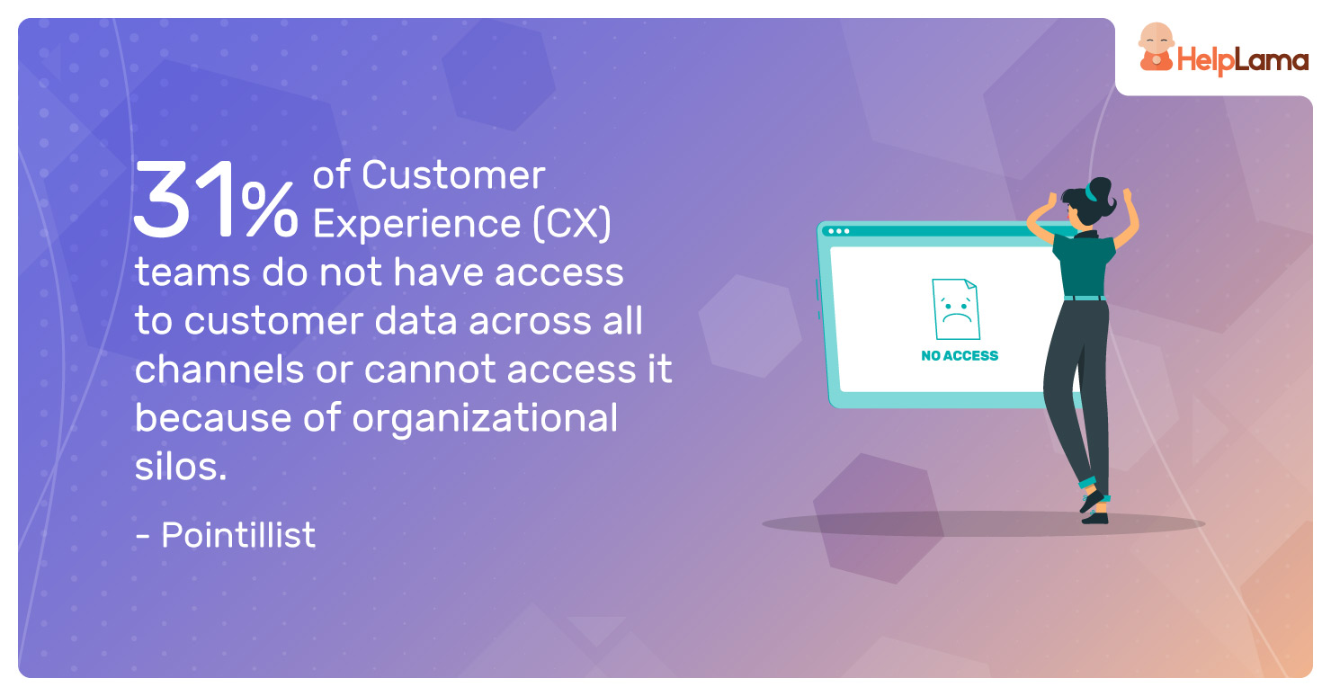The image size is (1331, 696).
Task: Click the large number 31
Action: click(183, 199)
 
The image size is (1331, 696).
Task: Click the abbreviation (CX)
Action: click(572, 224)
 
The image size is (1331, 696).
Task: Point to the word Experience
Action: click(416, 225)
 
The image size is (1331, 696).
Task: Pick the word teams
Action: click(192, 272)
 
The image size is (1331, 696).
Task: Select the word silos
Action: click(181, 466)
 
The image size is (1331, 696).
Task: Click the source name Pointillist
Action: click(238, 534)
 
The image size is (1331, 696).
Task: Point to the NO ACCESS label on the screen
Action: click(960, 355)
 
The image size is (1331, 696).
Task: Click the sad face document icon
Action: click(955, 309)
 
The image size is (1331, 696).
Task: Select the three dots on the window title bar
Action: click(838, 231)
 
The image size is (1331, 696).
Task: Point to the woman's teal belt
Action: click(1085, 299)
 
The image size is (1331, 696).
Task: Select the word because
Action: click(213, 417)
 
